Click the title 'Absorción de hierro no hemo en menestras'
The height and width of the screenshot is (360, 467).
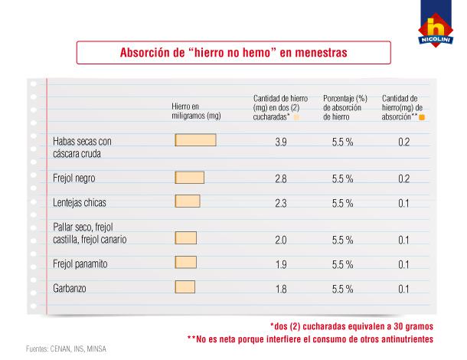pos(233,54)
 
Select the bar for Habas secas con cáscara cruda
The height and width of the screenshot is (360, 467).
pos(195,140)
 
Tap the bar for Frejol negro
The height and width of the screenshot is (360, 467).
pos(190,178)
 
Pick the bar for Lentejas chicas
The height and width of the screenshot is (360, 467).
pos(187,201)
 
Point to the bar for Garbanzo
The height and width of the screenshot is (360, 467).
pos(185,288)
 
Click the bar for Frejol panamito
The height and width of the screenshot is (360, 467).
pos(185,263)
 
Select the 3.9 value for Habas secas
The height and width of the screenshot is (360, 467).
pos(281,142)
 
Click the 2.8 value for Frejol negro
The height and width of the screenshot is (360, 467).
pos(281,178)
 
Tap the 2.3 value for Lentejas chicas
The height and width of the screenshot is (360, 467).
pos(281,202)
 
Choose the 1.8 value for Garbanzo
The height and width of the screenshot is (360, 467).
pos(281,289)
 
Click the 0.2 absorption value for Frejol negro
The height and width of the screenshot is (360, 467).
pos(403,178)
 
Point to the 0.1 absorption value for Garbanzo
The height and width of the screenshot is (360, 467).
pos(403,289)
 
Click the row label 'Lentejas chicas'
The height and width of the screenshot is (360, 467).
pos(80,202)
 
